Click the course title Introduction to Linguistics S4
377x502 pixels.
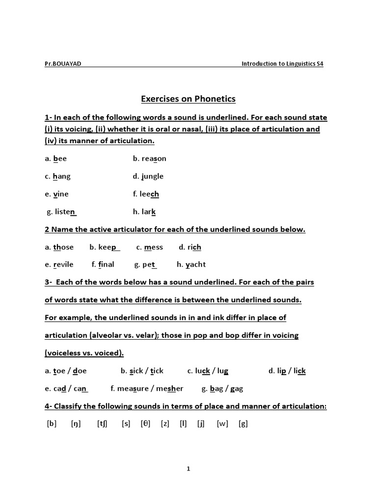click(283, 64)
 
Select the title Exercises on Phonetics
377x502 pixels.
click(188, 99)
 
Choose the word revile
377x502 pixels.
click(63, 265)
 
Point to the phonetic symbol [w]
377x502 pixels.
click(222, 424)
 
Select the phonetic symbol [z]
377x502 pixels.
click(165, 424)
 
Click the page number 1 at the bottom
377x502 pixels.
click(188, 469)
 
